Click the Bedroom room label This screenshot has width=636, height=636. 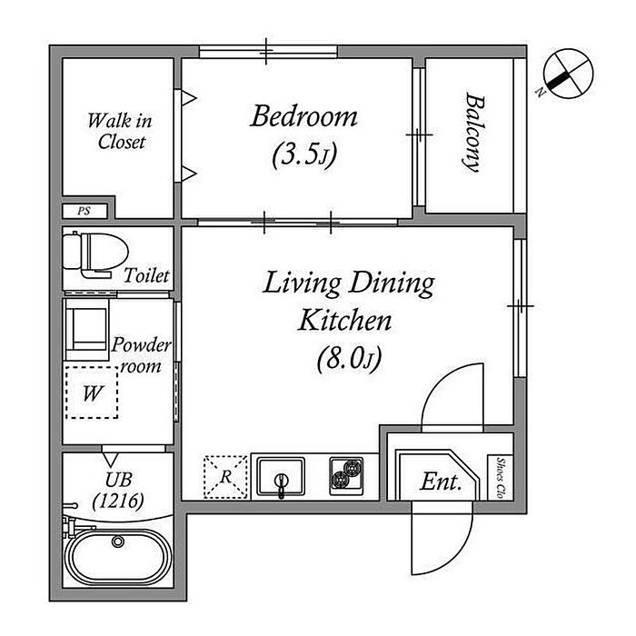coord(303,117)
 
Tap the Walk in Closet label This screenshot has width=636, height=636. coord(120,131)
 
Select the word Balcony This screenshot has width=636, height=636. coord(474,133)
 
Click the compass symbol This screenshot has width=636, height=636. coord(568,74)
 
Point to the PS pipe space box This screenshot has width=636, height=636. coord(84,211)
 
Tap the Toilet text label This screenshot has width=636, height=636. coord(146,276)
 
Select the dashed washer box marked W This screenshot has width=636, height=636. coord(92,393)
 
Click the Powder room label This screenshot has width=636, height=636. coord(141,355)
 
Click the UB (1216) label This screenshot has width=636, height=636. coord(118,491)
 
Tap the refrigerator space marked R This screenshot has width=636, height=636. coord(225,477)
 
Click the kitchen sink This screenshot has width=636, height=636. coord(281,477)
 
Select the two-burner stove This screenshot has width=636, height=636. coord(346,475)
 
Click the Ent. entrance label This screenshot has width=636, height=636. coord(441,482)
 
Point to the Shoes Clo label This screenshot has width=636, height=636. coord(501,478)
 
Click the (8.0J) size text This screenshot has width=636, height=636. coord(349,359)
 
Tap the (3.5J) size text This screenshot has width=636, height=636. coord(304,155)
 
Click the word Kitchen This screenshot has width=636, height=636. coord(345,321)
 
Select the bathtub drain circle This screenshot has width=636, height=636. coord(118,542)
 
